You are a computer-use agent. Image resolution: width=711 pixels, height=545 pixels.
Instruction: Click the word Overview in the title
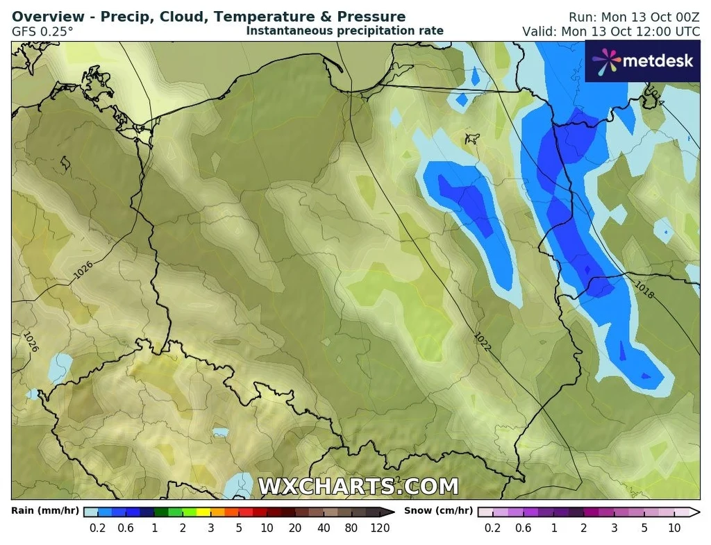tap(47, 17)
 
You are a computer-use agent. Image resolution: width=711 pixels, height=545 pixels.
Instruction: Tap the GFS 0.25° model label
tap(42, 31)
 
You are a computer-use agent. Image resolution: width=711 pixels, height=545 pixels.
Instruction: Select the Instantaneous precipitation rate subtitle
tap(344, 31)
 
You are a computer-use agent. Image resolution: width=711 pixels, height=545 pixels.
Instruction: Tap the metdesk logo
tap(642, 61)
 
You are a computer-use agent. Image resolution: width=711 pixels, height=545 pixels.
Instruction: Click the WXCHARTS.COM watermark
tap(358, 486)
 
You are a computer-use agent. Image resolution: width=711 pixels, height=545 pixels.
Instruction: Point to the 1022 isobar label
tap(483, 341)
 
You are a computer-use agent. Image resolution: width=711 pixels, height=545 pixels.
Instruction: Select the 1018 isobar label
tap(644, 291)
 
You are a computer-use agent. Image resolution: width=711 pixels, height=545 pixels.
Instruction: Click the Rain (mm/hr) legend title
tap(44, 511)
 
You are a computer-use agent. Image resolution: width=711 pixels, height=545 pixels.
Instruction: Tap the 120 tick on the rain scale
tap(380, 528)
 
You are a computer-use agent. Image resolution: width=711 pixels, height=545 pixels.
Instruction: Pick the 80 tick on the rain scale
tap(351, 528)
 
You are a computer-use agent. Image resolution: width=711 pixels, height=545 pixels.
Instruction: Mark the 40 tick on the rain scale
tap(324, 528)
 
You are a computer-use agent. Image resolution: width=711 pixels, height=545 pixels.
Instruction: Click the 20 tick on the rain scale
tap(295, 528)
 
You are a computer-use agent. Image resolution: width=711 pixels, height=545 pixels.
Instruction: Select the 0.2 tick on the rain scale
tap(98, 528)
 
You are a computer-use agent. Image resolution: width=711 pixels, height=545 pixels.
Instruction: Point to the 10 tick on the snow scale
tap(674, 528)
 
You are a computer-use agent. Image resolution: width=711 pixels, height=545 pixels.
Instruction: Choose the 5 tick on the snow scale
tap(644, 528)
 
